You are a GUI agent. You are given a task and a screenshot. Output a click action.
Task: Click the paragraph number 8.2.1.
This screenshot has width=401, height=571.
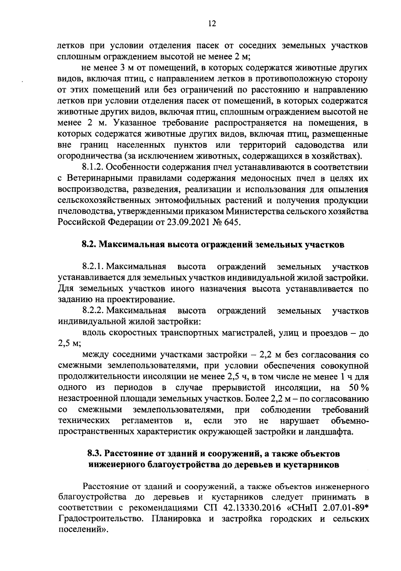click(93, 267)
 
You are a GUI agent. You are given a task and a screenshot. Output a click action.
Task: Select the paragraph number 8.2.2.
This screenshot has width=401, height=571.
click(93, 311)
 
